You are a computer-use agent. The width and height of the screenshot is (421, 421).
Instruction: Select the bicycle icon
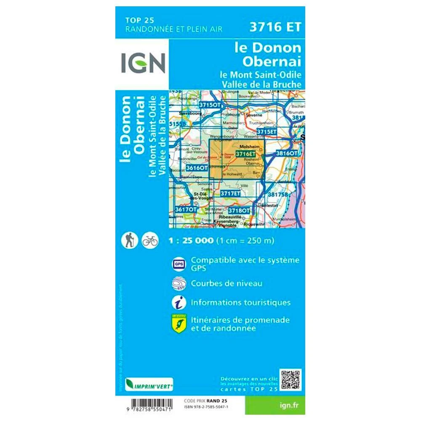(150, 240)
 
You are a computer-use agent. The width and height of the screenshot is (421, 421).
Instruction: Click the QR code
(291, 379)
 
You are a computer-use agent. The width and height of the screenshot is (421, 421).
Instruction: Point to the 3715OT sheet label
(210, 104)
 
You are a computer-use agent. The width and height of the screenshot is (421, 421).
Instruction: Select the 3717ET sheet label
(230, 193)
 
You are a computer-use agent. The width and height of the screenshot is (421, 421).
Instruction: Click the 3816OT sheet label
(287, 154)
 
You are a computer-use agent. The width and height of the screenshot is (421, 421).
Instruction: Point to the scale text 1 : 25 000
(191, 241)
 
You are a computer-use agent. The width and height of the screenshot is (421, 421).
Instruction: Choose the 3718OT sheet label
(239, 210)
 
